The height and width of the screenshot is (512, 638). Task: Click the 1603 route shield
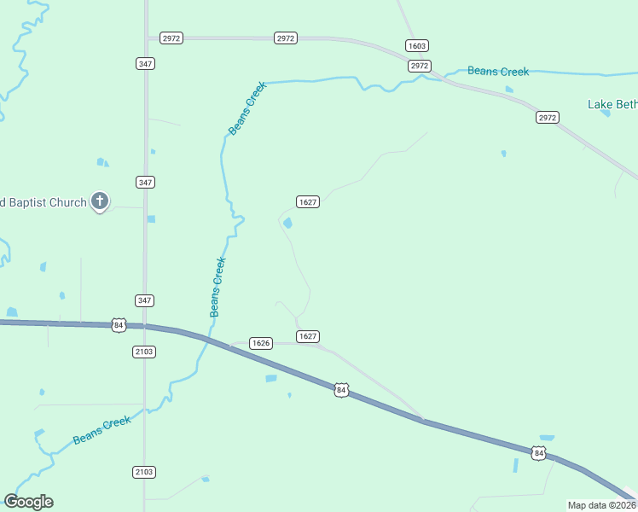click(417, 45)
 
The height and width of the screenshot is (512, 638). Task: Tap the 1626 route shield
click(261, 343)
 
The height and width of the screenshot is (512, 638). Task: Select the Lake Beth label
click(612, 105)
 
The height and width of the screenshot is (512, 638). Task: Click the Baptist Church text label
click(43, 202)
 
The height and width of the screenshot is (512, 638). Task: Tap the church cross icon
click(100, 201)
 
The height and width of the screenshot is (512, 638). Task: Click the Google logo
click(28, 502)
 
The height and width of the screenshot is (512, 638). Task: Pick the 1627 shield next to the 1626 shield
click(307, 336)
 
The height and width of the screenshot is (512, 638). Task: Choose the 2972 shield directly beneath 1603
click(419, 66)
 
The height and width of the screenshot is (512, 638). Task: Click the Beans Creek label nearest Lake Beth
click(498, 72)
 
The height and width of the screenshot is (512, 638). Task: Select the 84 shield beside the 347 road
click(119, 325)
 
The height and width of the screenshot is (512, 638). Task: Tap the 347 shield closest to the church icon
click(145, 183)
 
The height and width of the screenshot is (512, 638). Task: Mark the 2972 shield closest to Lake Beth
click(547, 117)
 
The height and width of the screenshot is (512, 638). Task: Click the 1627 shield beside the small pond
click(308, 202)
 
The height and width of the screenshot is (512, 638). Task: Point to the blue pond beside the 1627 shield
click(287, 224)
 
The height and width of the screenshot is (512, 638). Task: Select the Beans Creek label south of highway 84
click(101, 430)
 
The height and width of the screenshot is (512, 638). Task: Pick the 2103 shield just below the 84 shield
click(144, 352)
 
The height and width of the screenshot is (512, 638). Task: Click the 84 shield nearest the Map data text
click(537, 453)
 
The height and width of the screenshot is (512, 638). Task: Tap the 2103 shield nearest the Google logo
click(144, 472)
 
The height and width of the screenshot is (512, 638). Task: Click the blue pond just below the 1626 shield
click(271, 378)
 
